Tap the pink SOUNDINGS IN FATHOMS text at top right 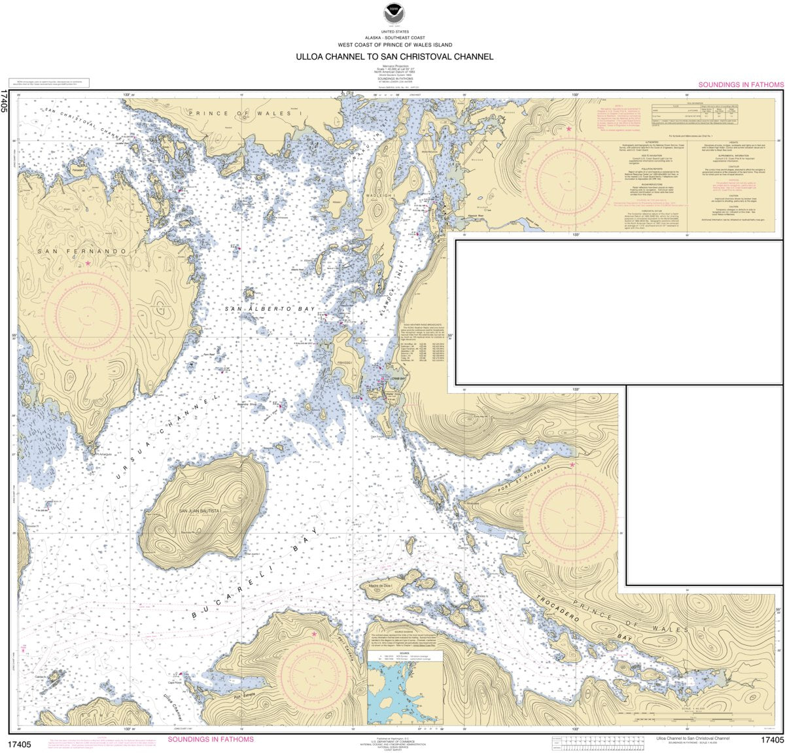click(741, 84)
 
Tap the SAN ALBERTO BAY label click(270, 309)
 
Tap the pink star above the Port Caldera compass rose click(314, 634)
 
